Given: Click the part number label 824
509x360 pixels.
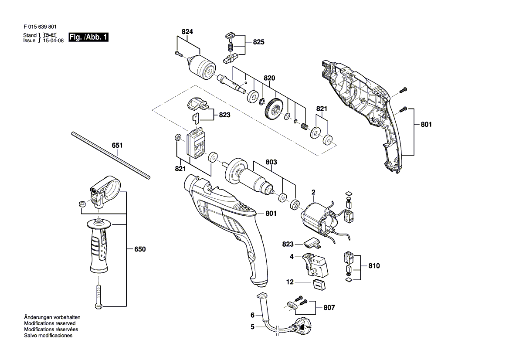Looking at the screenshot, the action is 187,31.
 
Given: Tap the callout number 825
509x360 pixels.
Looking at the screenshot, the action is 259,42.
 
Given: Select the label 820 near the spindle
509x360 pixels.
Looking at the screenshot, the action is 269,78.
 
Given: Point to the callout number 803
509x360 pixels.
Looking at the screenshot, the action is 271,162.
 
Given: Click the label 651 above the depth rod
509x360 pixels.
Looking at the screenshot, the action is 117,145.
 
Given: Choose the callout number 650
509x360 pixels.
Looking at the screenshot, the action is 140,249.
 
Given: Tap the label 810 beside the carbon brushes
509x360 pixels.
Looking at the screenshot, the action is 374,266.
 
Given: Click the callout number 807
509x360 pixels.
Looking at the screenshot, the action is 329,307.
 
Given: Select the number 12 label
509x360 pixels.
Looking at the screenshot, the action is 290,282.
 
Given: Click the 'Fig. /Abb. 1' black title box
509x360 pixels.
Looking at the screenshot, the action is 88,37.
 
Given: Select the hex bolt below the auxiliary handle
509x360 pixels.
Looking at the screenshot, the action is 98,297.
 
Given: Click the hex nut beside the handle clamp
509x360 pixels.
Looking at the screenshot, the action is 82,204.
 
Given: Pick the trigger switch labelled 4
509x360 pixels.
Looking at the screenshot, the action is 315,265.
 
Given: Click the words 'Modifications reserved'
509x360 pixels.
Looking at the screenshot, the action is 50,323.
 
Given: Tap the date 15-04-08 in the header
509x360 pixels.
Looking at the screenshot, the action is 53,41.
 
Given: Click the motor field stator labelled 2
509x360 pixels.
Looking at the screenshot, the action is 320,218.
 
